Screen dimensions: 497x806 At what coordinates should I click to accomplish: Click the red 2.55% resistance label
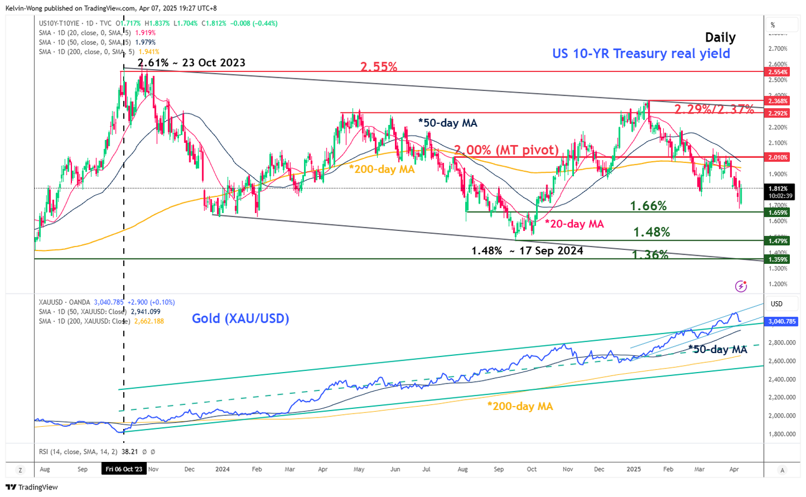(x=378, y=67)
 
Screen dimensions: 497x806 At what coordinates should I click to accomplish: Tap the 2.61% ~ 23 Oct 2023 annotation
(x=192, y=62)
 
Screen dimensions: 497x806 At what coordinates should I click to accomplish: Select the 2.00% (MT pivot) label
(x=506, y=150)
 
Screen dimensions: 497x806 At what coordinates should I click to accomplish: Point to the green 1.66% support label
(x=648, y=206)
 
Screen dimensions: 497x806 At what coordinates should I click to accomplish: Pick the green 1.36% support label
(x=650, y=254)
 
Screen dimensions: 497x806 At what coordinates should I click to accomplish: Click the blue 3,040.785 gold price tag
(x=780, y=323)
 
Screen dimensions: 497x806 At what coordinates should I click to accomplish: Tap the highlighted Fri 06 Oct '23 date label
(x=123, y=469)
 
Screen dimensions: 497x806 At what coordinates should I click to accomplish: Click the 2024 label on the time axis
(x=222, y=469)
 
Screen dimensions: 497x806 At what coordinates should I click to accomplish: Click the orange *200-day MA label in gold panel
(x=520, y=407)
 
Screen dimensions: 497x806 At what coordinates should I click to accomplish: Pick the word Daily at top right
(x=720, y=38)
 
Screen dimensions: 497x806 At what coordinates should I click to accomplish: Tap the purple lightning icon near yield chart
(x=742, y=286)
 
